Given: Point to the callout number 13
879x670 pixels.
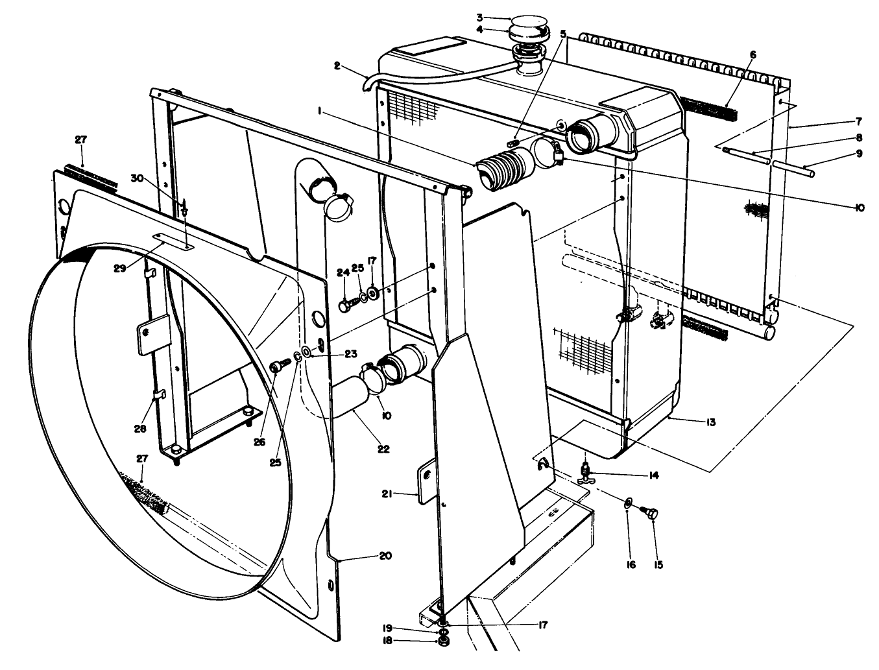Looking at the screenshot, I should (710, 422).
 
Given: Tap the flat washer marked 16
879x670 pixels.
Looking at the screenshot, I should (628, 503).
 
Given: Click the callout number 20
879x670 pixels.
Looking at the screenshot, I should (385, 556).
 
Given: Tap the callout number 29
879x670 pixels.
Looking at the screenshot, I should (120, 268).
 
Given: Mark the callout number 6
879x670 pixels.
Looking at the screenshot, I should (753, 55).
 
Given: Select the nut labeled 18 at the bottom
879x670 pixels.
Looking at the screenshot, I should (444, 641).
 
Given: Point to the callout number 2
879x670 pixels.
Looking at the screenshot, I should (337, 65).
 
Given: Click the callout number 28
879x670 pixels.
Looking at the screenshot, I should (140, 428).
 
